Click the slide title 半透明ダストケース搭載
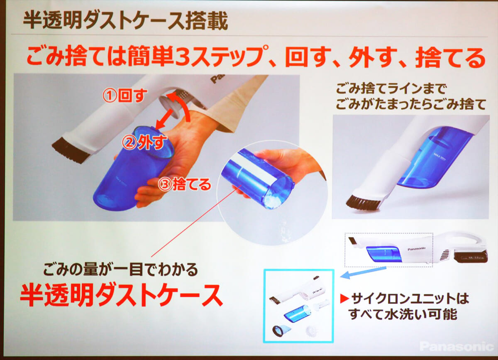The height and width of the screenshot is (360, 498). tap(126, 21)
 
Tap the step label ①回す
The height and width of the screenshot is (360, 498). tap(125, 96)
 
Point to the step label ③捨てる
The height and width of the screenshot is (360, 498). tap(184, 184)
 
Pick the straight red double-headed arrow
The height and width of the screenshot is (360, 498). tap(166, 119)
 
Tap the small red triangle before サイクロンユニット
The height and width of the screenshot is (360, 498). tap(344, 299)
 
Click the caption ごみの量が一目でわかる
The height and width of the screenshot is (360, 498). tap(120, 269)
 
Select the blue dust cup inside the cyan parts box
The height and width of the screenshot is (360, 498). tap(298, 314)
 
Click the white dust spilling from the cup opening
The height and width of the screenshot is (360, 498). tap(273, 202)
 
